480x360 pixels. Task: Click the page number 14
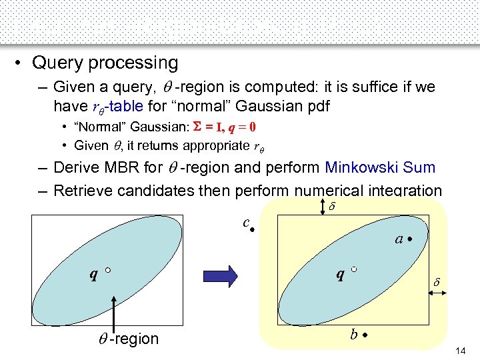(x=461, y=351)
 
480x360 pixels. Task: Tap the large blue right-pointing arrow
(x=237, y=275)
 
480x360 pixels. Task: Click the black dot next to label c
(x=253, y=228)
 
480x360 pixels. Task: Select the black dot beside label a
(x=412, y=238)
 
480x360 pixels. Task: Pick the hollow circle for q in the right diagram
(x=354, y=269)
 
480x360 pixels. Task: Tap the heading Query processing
(x=105, y=63)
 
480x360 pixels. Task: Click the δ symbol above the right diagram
(x=333, y=207)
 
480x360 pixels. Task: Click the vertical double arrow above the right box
(x=323, y=207)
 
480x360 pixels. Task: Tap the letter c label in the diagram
(x=246, y=222)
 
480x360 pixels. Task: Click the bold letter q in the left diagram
(x=95, y=273)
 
